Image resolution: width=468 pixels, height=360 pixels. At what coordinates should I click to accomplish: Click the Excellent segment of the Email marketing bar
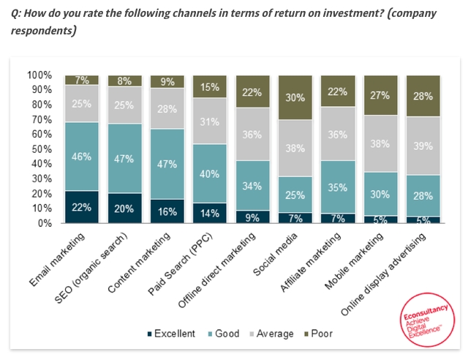pos(81,207)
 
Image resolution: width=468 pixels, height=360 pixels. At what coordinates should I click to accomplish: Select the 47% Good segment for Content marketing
pos(167,164)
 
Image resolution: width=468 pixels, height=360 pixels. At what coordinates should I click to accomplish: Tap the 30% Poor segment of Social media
pos(295,97)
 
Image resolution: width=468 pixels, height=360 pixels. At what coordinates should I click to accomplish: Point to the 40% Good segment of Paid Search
pos(210,173)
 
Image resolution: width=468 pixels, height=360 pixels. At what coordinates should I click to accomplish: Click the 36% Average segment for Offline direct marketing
pos(253,134)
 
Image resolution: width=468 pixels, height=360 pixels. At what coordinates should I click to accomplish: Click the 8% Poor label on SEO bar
pos(124,81)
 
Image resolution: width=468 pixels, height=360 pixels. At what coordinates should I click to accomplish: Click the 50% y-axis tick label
pos(41,149)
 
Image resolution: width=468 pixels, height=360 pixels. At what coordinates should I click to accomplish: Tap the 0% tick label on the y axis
pos(44,223)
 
